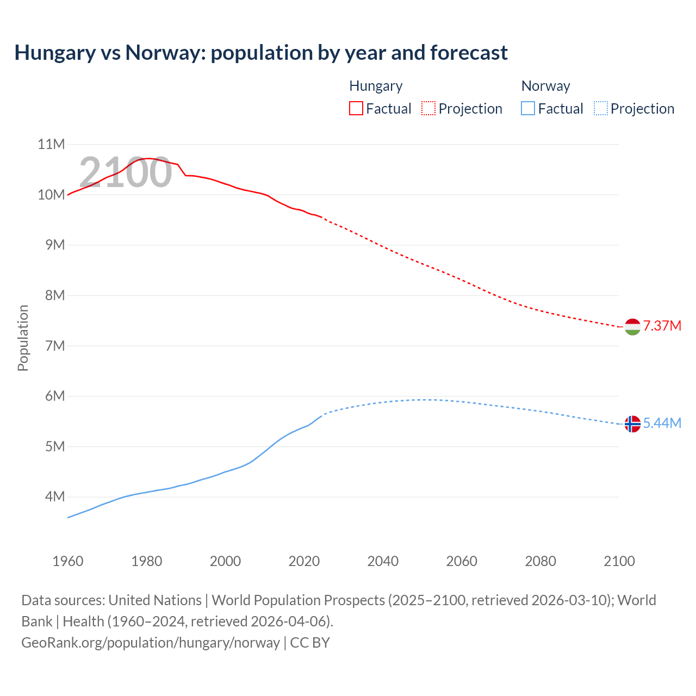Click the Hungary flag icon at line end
click(632, 327)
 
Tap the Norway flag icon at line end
click(632, 424)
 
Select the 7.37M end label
click(662, 326)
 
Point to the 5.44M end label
click(662, 423)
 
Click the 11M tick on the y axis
click(51, 144)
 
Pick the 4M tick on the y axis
click(54, 496)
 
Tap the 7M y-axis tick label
click(54, 346)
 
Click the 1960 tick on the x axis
click(68, 561)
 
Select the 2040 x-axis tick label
click(383, 561)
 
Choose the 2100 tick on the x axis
click(619, 561)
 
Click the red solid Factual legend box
click(356, 109)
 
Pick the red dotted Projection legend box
click(428, 109)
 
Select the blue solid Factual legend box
click(527, 109)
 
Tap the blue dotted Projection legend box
click(600, 109)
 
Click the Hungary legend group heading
click(376, 86)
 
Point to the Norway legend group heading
click(545, 86)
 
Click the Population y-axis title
click(23, 338)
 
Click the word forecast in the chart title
click(469, 53)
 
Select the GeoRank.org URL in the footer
click(151, 642)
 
